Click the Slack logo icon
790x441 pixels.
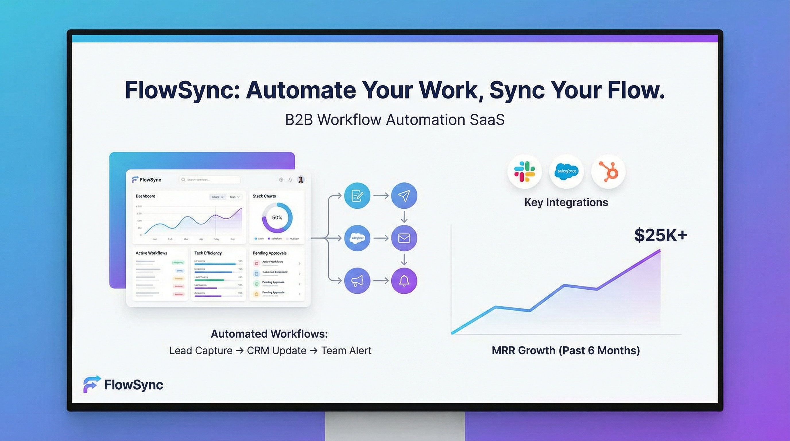[x=524, y=172]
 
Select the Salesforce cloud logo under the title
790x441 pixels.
[x=566, y=171]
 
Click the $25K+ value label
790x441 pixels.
[x=660, y=235]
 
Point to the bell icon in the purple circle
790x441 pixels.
[x=404, y=281]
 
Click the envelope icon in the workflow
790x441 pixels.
[x=404, y=238]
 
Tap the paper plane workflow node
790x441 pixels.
[x=404, y=196]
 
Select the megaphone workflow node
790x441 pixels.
[x=357, y=281]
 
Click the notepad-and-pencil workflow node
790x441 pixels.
[x=357, y=196]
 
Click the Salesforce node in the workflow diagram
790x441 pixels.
[x=357, y=238]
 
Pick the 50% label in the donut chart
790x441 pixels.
[x=277, y=218]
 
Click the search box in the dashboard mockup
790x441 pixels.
[x=210, y=180]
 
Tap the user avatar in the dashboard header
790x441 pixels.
[x=301, y=180]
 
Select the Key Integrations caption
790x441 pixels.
[x=566, y=202]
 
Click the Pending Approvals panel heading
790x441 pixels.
[x=270, y=253]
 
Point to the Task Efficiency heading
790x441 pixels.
[x=208, y=253]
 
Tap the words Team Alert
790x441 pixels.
[x=346, y=351]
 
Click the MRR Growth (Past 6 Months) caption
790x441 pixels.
[x=566, y=351]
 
